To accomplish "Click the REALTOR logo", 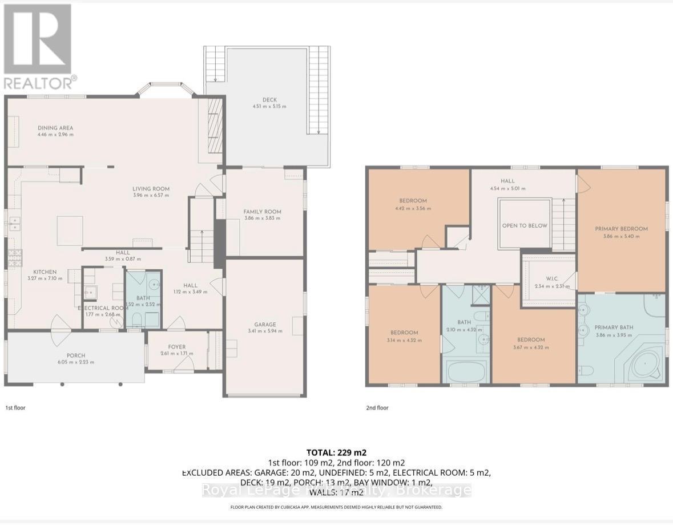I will (x=38, y=46).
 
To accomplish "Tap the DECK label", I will (x=269, y=99).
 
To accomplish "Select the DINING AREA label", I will (x=55, y=128).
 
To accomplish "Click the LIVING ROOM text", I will (x=151, y=189).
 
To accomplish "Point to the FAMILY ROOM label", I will (x=262, y=212).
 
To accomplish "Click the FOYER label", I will (x=177, y=346).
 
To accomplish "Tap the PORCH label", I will (x=76, y=354).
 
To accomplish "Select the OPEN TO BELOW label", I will (x=525, y=225).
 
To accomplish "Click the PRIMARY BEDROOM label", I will (x=621, y=229).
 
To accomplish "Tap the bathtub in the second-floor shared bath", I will (x=467, y=372).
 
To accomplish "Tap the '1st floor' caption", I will (x=15, y=408).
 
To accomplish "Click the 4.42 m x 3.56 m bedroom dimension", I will (x=413, y=208).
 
